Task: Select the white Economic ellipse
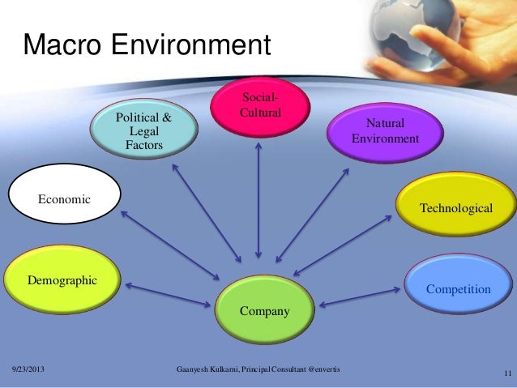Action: point(64,196)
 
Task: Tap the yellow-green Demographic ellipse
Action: point(62,280)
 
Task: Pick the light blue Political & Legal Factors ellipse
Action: point(144,130)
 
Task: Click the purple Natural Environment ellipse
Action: point(384,132)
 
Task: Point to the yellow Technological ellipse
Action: point(455,208)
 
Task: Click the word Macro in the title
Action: point(62,45)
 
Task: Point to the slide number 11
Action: point(506,373)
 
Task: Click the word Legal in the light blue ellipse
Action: point(144,131)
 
